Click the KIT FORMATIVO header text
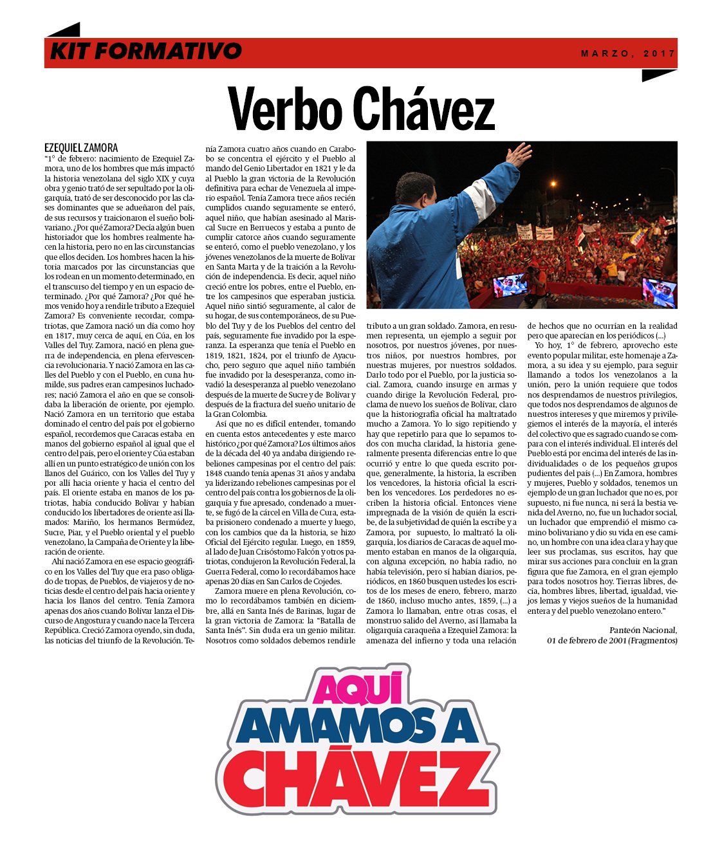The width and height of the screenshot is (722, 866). [146, 51]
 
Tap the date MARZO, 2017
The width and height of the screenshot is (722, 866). [628, 53]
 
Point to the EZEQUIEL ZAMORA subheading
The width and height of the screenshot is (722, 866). [81, 148]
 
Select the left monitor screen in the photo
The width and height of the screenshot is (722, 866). [510, 286]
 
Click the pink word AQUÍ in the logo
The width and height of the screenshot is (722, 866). [358, 689]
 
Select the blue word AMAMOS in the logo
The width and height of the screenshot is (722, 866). [335, 728]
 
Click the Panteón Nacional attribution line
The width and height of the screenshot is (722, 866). [643, 631]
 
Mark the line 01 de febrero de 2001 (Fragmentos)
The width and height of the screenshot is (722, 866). [612, 640]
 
